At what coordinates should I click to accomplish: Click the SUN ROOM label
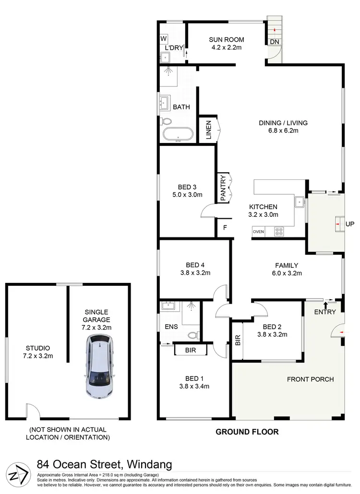pos(227,39)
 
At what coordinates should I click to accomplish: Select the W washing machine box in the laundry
pos(164,38)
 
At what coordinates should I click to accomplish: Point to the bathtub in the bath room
pos(178,134)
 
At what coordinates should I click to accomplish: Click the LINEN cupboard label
pos(209,129)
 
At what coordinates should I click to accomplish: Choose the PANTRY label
pos(223,188)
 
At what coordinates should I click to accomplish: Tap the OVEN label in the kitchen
pos(258,232)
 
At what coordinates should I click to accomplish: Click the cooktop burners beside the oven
pos(279,232)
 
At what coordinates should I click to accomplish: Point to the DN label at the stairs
pos(275,42)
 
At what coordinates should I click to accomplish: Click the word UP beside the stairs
pos(350,224)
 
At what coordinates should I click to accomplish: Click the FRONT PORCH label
pos(310,379)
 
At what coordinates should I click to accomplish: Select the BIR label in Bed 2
pos(238,340)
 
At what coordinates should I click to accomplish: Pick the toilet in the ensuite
pos(194,335)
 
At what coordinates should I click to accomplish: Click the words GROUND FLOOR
pos(247,432)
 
